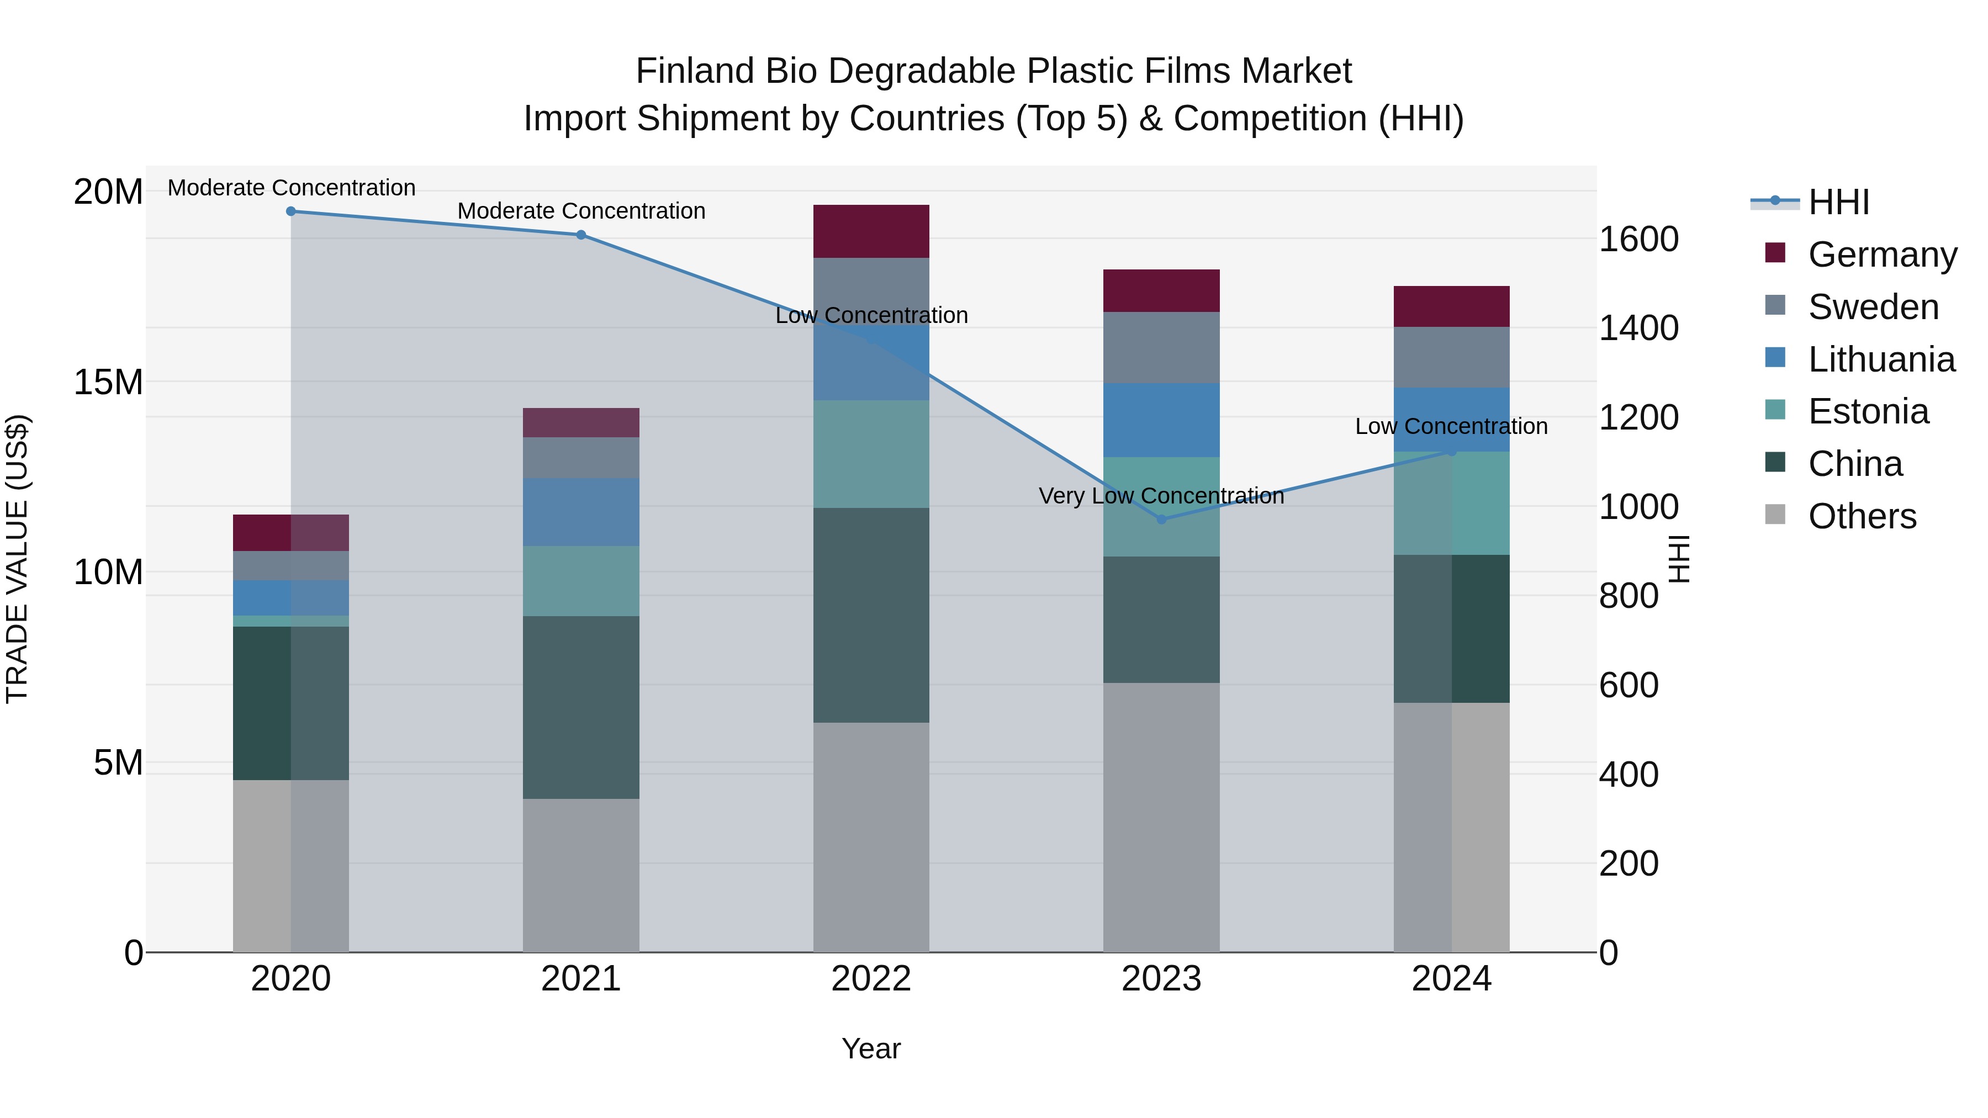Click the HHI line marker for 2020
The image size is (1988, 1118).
click(291, 211)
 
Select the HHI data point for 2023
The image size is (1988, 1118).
click(1161, 520)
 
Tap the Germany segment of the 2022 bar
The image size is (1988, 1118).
click(871, 231)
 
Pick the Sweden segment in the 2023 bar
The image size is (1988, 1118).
click(1161, 347)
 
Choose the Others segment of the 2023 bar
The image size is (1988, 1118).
click(1161, 817)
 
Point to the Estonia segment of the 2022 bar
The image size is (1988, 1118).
click(871, 454)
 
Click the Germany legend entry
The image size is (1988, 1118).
click(1881, 255)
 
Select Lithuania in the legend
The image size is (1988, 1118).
click(1881, 359)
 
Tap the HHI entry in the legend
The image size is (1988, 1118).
click(1838, 202)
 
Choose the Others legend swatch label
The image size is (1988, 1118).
click(1862, 516)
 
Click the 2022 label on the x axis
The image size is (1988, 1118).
click(871, 979)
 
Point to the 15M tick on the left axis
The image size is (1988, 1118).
click(108, 382)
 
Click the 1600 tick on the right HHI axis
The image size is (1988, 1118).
click(1638, 239)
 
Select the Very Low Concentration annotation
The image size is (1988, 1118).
click(1161, 496)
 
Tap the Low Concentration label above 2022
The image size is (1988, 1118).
click(871, 316)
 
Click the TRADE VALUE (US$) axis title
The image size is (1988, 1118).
click(17, 559)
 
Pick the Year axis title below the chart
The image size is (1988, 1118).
click(871, 1048)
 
